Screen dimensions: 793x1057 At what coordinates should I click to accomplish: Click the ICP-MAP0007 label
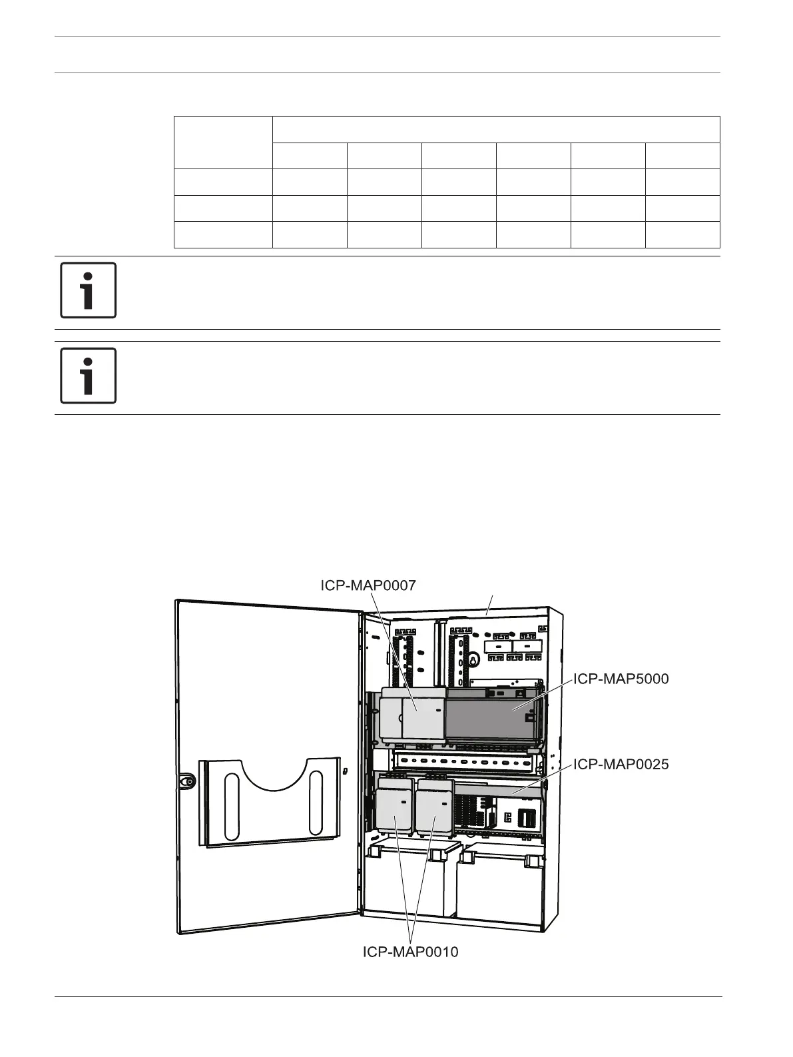point(368,585)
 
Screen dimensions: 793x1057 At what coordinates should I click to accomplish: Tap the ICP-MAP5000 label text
point(621,679)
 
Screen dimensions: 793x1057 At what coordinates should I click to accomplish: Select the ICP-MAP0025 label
point(621,764)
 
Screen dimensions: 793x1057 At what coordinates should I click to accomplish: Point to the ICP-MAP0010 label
point(410,952)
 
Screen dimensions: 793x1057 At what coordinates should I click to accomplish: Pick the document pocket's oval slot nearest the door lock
point(232,805)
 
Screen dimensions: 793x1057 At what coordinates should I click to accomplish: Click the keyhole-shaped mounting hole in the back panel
point(473,661)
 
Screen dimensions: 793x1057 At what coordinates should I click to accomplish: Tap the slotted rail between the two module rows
point(466,761)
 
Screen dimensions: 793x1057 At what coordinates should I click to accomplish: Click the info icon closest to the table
point(88,290)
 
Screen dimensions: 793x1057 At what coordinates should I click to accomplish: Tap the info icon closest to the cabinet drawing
point(88,375)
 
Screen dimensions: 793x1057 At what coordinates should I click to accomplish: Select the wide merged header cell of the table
point(496,129)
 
